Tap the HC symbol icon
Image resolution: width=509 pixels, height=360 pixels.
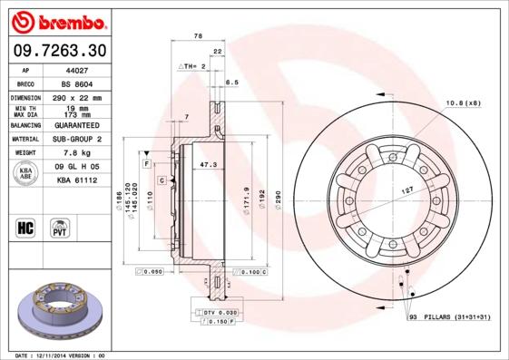(26, 227)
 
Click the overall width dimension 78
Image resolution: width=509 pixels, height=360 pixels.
(199, 35)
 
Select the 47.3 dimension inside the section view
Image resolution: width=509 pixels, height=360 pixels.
(207, 165)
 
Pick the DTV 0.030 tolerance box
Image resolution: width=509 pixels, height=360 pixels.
(215, 312)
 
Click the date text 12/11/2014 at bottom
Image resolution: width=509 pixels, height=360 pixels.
(58, 355)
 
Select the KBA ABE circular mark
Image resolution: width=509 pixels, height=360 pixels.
(26, 174)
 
